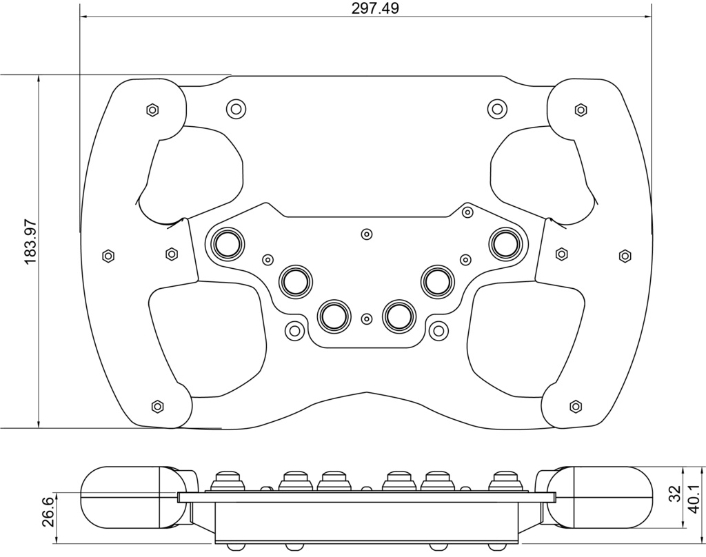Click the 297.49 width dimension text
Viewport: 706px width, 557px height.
pyautogui.click(x=365, y=8)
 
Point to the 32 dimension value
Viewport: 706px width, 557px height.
pyautogui.click(x=674, y=494)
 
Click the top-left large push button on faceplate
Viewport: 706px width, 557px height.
pyautogui.click(x=228, y=243)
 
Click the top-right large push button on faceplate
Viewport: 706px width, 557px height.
pyautogui.click(x=505, y=243)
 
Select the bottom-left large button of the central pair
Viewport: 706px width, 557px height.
pyautogui.click(x=334, y=315)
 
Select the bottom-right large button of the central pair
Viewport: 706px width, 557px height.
pyautogui.click(x=399, y=315)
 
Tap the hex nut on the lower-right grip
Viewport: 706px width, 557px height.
pyautogui.click(x=576, y=406)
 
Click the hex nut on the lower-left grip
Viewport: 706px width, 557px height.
pyautogui.click(x=157, y=406)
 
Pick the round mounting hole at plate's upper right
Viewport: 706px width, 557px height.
pyautogui.click(x=496, y=108)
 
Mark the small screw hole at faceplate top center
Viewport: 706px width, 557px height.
pyautogui.click(x=367, y=234)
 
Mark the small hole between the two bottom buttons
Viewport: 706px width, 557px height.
pyautogui.click(x=367, y=318)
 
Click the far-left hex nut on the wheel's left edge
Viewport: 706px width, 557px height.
pyautogui.click(x=108, y=256)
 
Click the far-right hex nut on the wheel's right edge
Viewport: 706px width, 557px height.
pyautogui.click(x=625, y=256)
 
